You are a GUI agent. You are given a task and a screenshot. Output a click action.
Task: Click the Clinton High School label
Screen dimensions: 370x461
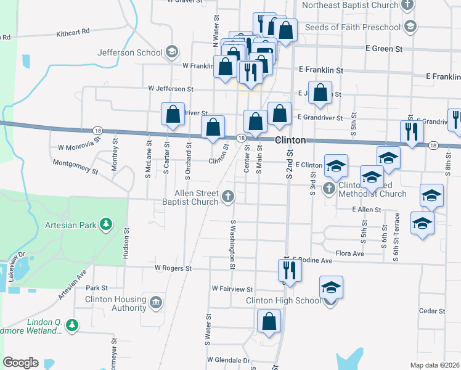click(284, 301)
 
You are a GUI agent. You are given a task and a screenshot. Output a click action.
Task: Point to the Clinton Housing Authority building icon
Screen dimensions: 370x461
click(156, 302)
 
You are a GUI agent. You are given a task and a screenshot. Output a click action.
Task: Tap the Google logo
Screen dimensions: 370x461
click(20, 363)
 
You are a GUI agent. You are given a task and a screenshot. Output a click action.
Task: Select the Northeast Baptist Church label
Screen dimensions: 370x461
click(351, 6)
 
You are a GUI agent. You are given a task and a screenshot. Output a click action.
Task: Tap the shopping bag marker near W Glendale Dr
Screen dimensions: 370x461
click(269, 321)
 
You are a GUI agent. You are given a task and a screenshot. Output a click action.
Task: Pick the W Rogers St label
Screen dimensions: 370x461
click(173, 269)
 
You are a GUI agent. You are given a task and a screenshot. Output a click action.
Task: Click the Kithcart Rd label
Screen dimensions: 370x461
click(73, 31)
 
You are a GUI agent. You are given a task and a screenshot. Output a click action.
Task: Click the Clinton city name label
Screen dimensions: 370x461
click(290, 140)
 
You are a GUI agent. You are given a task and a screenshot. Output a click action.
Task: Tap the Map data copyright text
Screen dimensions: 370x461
click(434, 365)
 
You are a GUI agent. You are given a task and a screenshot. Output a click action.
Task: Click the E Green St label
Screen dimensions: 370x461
click(383, 48)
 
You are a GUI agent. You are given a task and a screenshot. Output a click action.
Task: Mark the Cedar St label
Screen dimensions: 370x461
click(431, 311)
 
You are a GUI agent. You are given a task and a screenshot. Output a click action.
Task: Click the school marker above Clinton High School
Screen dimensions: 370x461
click(331, 287)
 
